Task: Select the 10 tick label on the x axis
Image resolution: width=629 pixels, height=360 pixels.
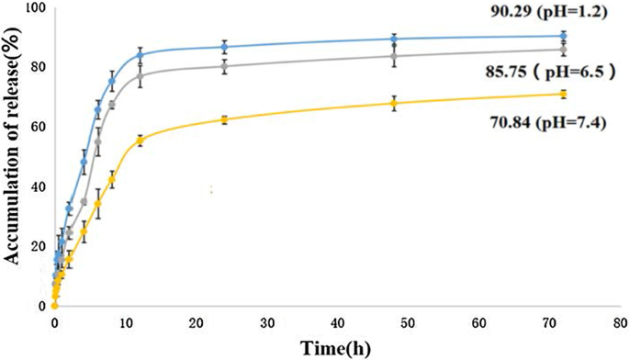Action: [125, 324]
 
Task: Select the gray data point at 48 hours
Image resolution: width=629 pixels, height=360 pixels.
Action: [394, 56]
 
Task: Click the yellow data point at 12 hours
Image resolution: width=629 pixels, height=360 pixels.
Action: [140, 140]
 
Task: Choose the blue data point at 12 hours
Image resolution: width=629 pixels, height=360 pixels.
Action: [140, 55]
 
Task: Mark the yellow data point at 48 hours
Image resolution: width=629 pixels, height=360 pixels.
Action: [394, 103]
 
